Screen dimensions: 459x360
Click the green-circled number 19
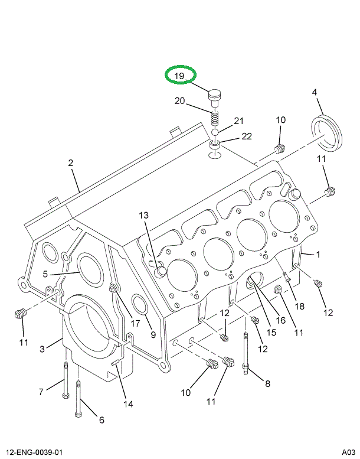pyautogui.click(x=179, y=76)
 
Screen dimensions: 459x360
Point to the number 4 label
pyautogui.click(x=315, y=93)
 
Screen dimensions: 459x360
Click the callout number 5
pyautogui.click(x=45, y=275)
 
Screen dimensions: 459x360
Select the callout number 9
pyautogui.click(x=153, y=335)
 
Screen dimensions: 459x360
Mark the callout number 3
pyautogui.click(x=42, y=349)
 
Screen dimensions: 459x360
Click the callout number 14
pyautogui.click(x=128, y=404)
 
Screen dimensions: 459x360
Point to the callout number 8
pyautogui.click(x=267, y=383)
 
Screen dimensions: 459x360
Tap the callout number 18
pyautogui.click(x=300, y=306)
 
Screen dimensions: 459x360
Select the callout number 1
pyautogui.click(x=318, y=255)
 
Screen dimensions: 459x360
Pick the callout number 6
pyautogui.click(x=101, y=420)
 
